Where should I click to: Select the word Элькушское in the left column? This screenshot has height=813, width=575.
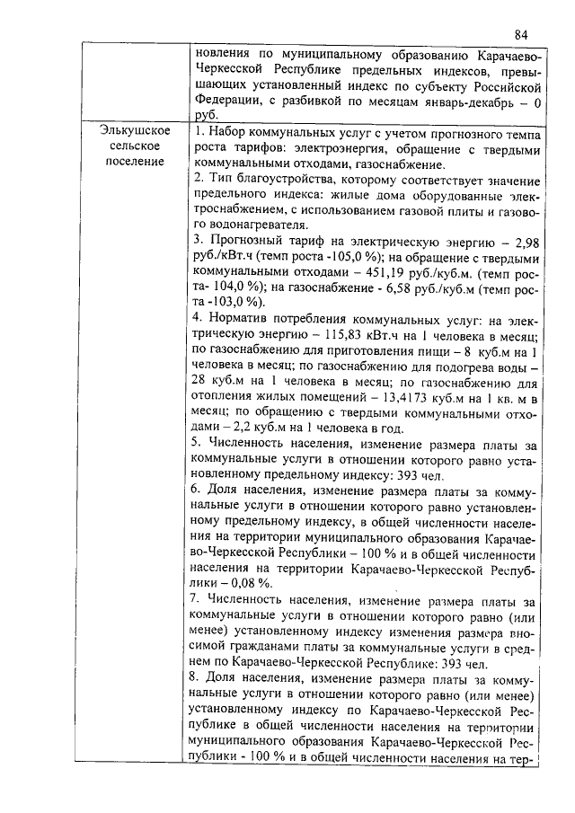tap(136, 131)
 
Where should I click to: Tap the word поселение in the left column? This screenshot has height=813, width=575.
tap(136, 162)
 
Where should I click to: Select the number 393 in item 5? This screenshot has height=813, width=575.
tap(422, 473)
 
